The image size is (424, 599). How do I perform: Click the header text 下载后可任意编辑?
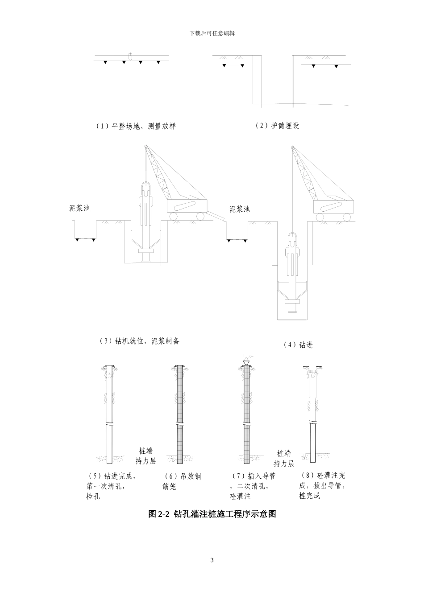(x=212, y=33)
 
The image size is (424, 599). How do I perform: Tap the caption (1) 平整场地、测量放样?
(x=136, y=126)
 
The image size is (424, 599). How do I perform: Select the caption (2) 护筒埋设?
(x=277, y=126)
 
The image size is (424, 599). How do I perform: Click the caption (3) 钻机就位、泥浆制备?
(x=139, y=341)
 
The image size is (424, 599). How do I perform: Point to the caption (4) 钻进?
(x=298, y=345)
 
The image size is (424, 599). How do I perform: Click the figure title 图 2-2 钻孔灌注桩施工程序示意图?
(x=212, y=514)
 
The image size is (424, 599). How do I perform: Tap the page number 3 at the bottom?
(x=212, y=560)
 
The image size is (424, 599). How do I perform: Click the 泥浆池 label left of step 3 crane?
(x=79, y=208)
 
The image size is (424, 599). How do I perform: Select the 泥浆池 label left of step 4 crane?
(x=239, y=209)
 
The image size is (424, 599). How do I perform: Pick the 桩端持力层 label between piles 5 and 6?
(x=145, y=456)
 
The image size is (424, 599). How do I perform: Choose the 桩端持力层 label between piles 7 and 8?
(x=284, y=458)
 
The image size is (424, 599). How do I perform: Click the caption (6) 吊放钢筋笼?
(x=182, y=481)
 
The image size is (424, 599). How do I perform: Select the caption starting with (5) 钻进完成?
(x=111, y=486)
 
